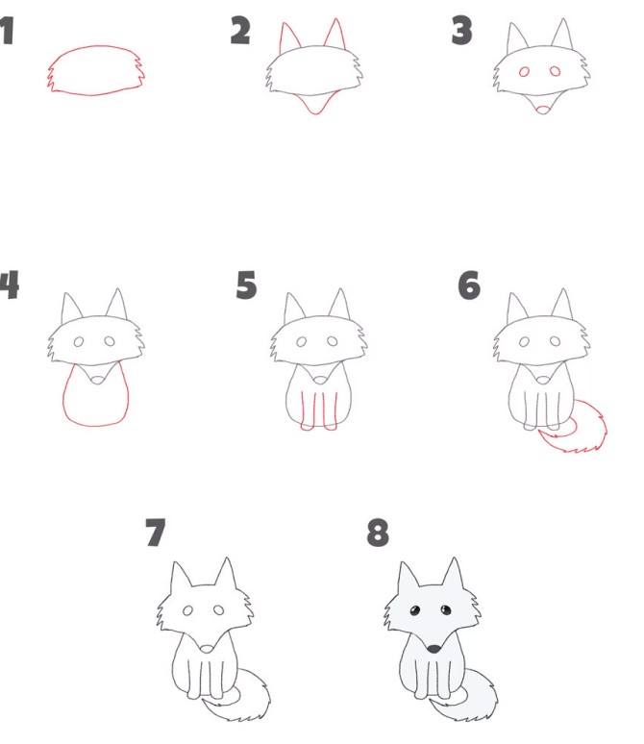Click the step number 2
240,31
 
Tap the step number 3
461,31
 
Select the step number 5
246,285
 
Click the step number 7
155,532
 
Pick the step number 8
378,532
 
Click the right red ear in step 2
342,34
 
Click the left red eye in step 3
524,72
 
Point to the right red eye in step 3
555,71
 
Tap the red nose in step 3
542,111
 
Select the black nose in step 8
433,649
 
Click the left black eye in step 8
415,610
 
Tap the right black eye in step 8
446,609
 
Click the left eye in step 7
187,610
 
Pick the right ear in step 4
116,304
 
